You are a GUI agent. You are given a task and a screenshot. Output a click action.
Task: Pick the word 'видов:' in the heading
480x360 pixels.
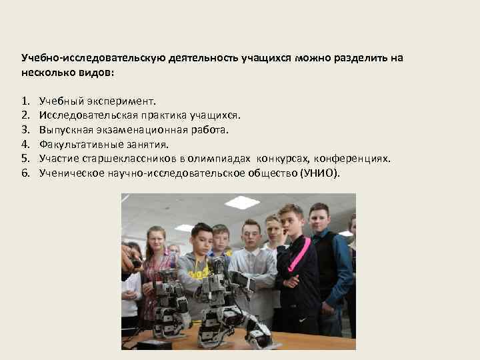click(x=96, y=72)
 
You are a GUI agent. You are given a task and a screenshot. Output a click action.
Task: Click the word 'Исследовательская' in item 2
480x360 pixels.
click(x=83, y=116)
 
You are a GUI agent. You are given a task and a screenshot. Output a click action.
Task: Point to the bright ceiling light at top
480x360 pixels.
click(x=241, y=201)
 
